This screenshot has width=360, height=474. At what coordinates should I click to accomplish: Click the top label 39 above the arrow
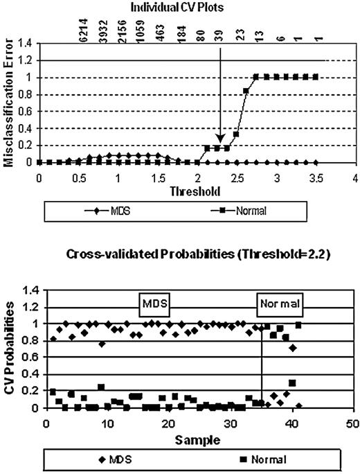218,30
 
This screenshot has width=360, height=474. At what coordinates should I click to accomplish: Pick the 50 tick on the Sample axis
352,423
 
